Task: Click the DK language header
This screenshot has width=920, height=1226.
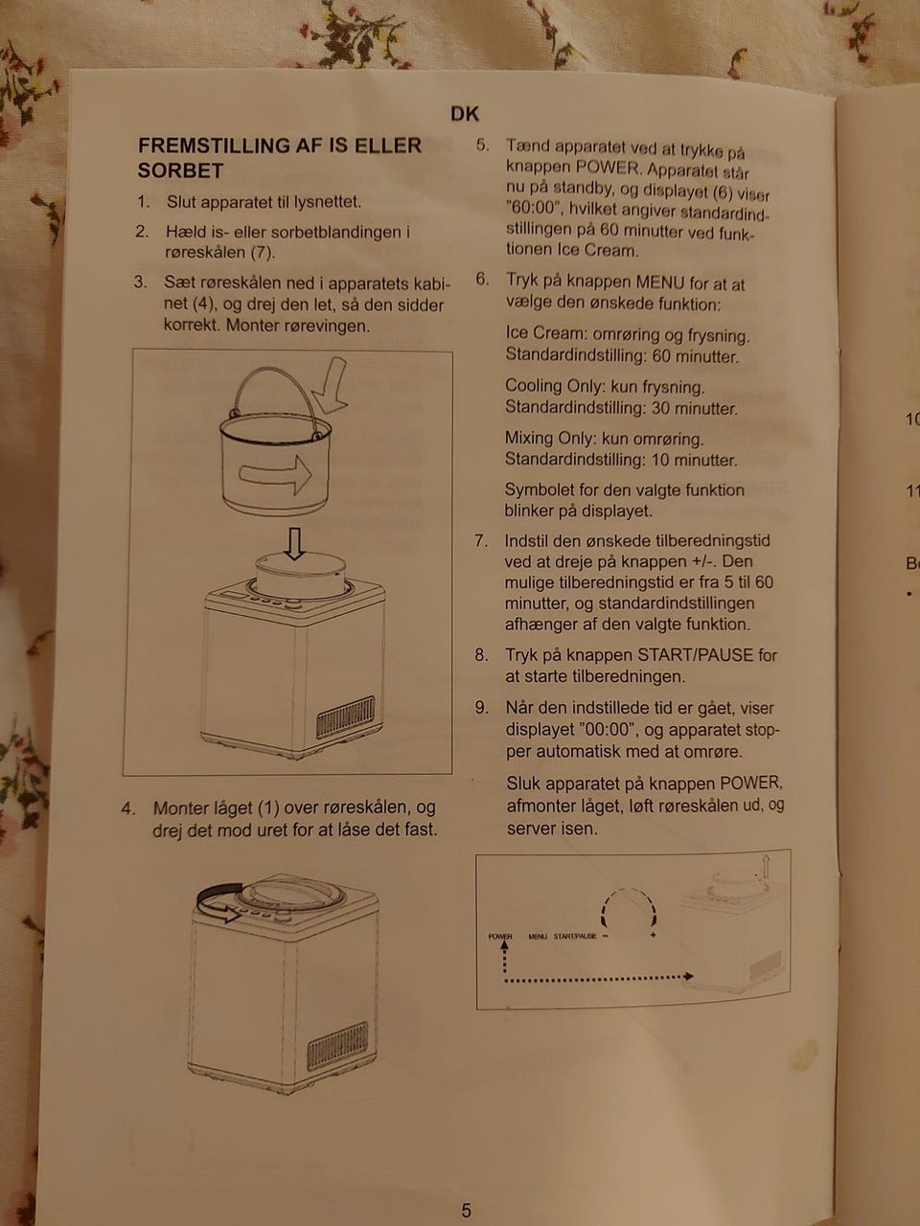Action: [x=465, y=114]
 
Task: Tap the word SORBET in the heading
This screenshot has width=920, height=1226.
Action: [x=180, y=170]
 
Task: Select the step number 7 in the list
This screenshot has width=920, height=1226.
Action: [x=481, y=540]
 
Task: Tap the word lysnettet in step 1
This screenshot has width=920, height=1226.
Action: [x=328, y=202]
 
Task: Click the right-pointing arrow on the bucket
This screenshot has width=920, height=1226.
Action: [x=275, y=475]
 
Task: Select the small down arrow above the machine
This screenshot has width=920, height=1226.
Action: [x=294, y=543]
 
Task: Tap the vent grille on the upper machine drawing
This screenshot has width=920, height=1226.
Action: [x=345, y=717]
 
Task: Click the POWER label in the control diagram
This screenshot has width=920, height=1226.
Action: [x=500, y=936]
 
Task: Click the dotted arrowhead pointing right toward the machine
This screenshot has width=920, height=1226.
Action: [x=689, y=976]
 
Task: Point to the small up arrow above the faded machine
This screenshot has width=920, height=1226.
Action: [x=766, y=866]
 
